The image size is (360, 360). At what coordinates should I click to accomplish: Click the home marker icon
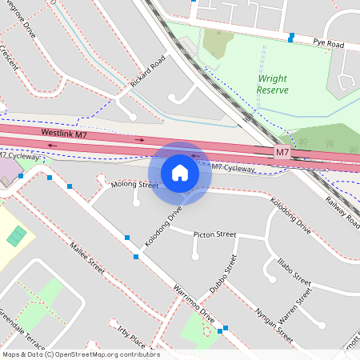pos(180,173)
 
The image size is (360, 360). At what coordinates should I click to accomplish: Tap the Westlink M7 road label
pos(63,133)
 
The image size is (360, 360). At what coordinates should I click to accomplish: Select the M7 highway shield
pos(282,152)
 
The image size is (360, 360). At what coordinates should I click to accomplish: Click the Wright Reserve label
pos(272,84)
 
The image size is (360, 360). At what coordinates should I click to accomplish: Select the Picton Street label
pos(214,234)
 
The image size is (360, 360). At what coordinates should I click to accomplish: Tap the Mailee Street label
pos(87,257)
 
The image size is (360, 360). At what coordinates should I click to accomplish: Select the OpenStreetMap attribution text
pos(80,354)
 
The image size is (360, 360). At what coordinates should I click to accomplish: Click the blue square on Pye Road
pos(291,36)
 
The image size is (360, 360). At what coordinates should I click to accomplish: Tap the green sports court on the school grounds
pos(15,236)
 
